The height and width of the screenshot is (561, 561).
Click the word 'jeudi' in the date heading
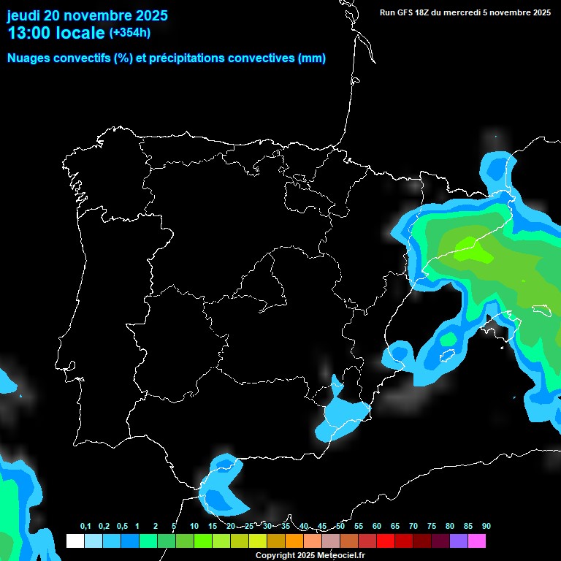coord(24,16)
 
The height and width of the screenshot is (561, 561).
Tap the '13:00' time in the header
coord(28,33)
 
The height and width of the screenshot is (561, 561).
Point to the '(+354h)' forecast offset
coord(129,33)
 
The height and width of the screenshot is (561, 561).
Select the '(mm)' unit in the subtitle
coord(312,58)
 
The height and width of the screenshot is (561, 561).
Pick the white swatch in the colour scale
coord(75,541)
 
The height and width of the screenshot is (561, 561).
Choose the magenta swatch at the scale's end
coord(476,541)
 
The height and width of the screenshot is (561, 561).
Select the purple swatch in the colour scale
coord(458,541)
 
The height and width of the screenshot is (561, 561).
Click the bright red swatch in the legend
coord(385,541)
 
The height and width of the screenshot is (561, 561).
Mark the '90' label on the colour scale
coord(486,527)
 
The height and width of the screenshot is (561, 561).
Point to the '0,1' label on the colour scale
coord(85,527)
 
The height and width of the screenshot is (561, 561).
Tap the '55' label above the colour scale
coord(358,527)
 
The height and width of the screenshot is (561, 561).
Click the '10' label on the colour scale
coord(194,527)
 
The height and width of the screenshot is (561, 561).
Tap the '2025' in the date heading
coord(147,16)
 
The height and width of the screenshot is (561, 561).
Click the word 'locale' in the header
coord(80,33)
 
